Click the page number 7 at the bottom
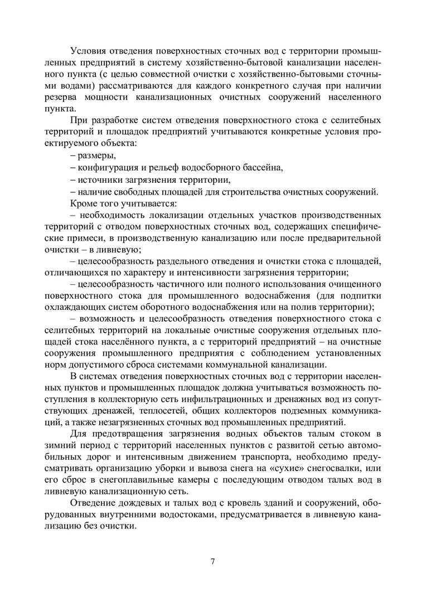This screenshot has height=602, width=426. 213,561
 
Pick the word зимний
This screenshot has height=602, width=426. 60,446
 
